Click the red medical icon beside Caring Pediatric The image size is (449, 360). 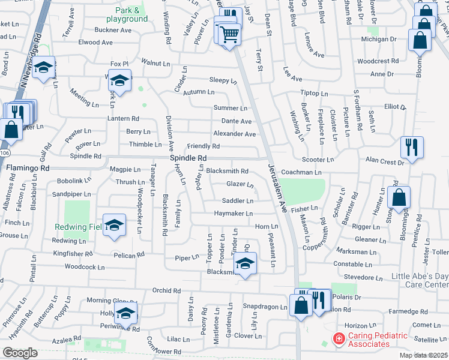339,339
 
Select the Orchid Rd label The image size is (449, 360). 167,290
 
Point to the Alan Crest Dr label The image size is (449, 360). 385,162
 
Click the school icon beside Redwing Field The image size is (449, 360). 114,225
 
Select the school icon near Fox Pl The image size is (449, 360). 120,82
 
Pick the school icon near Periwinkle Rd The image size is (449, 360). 125,313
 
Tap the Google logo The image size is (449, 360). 20,353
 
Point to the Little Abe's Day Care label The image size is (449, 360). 420,280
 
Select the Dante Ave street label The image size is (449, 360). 237,121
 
